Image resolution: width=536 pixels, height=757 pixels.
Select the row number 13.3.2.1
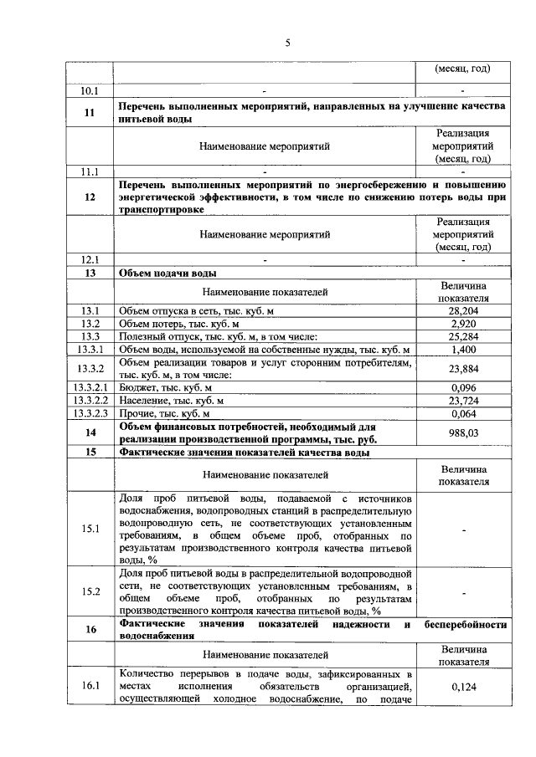click(x=89, y=387)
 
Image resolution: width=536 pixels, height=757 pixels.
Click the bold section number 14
click(x=89, y=432)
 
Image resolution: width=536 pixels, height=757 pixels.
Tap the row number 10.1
click(x=89, y=90)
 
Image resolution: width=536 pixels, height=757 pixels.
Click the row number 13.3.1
click(x=89, y=349)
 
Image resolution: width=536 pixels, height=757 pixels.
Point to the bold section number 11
click(x=89, y=113)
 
